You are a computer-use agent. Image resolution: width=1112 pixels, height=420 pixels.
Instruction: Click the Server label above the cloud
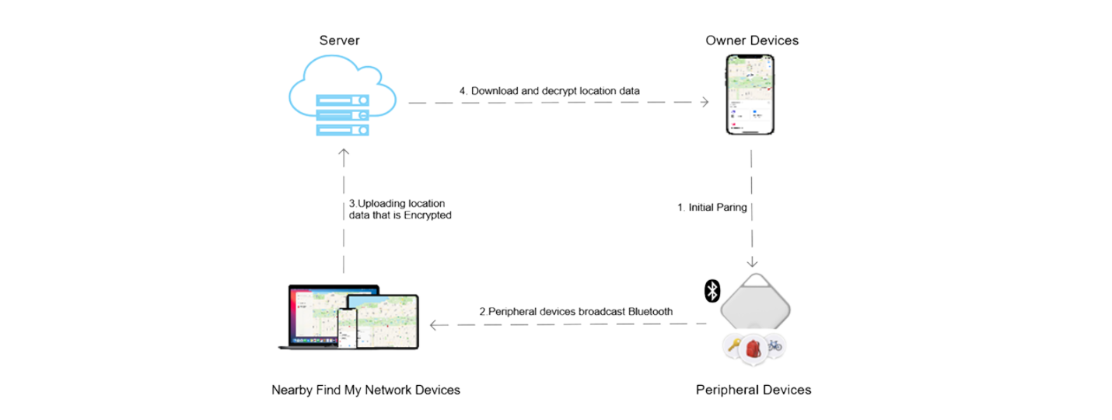[339, 40]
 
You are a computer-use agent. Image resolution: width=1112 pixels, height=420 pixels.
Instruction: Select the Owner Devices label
[751, 40]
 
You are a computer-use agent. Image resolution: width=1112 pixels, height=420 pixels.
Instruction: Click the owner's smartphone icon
[751, 96]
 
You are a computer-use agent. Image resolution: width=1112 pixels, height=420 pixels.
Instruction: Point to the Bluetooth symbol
[711, 290]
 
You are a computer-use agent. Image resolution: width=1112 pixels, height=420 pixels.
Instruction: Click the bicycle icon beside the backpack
[774, 345]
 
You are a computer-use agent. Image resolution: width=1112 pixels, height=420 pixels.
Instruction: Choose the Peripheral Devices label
[753, 390]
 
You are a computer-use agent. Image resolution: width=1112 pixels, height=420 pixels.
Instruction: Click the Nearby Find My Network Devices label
[365, 390]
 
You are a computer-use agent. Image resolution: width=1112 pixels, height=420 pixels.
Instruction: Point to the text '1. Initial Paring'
[712, 208]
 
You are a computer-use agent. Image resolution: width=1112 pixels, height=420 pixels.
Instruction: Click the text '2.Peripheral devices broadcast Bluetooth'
[575, 312]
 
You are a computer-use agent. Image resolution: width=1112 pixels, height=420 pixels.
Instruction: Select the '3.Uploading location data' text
[399, 209]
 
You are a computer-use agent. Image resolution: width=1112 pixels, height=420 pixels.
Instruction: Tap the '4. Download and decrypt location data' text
[549, 91]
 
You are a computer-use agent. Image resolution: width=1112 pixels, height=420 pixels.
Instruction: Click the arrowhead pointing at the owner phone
[705, 102]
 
